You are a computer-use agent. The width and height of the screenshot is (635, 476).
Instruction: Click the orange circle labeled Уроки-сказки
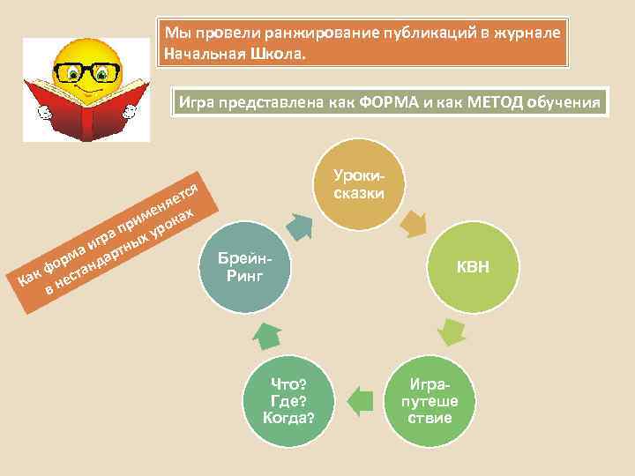356,182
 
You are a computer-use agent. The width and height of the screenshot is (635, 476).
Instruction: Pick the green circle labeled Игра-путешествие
430,401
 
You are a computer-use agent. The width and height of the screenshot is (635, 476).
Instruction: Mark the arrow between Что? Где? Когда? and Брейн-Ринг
269,333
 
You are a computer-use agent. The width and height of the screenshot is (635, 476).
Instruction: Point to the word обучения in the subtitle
564,101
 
